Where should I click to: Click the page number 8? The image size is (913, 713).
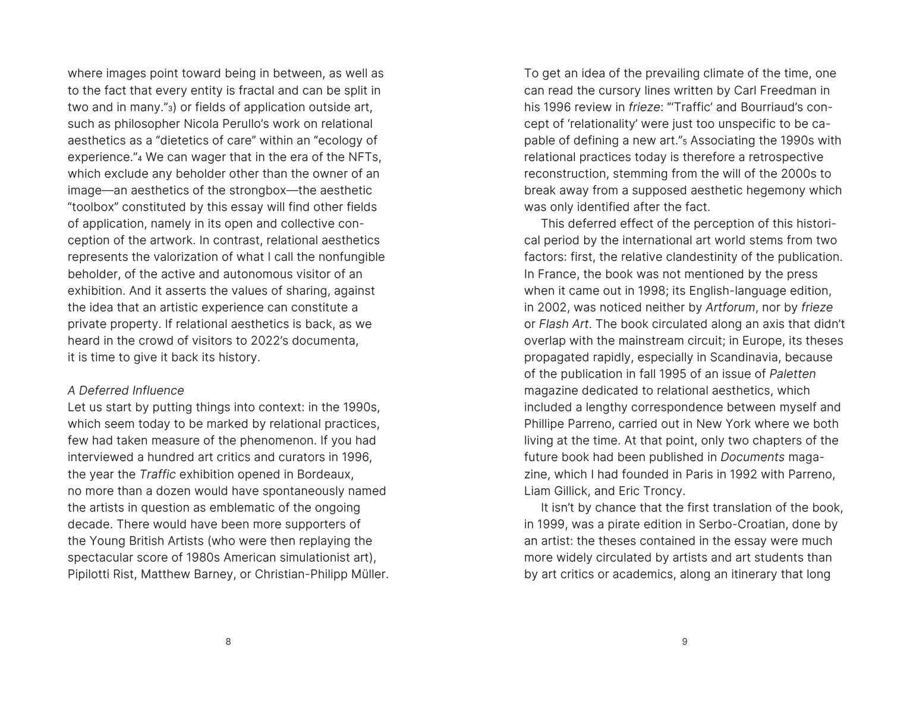click(x=228, y=642)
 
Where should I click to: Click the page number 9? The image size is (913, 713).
click(x=685, y=642)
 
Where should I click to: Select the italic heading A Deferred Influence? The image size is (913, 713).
click(x=126, y=390)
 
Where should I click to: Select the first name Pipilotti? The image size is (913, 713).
click(x=92, y=575)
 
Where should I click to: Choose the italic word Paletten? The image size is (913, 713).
click(x=792, y=374)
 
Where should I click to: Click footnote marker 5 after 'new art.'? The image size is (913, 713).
click(x=692, y=142)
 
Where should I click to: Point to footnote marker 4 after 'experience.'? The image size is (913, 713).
click(x=140, y=159)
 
